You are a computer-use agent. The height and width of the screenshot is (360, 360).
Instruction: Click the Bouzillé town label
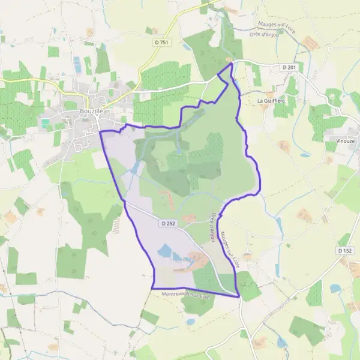(x=92, y=112)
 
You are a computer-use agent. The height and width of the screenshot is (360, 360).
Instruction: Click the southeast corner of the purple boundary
(x=239, y=296)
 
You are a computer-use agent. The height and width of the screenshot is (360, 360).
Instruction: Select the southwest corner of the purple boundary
(x=152, y=289)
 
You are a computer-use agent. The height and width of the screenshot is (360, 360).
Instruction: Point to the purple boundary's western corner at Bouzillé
(x=100, y=131)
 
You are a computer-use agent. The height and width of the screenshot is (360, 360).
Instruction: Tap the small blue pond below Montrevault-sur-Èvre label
(x=190, y=321)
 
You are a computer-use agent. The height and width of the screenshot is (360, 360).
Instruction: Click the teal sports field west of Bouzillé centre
(x=46, y=122)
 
